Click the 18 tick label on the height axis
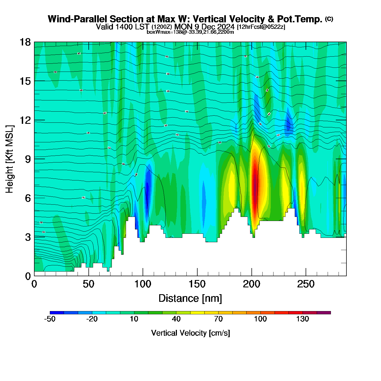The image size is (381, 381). [25, 42]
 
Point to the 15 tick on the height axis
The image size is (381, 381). [25, 81]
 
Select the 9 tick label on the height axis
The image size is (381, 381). [28, 159]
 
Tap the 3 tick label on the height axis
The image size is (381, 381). [28, 237]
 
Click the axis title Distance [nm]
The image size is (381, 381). [190, 299]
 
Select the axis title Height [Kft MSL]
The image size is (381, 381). [10, 159]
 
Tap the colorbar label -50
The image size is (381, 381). [50, 319]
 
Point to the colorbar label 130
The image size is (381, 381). [303, 319]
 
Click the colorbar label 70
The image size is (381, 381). [218, 319]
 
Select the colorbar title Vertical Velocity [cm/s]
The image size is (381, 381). [190, 333]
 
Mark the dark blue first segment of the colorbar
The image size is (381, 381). [57, 313]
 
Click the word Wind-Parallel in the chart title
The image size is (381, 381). [78, 19]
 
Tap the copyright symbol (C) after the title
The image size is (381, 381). [329, 19]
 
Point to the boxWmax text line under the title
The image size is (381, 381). [190, 32]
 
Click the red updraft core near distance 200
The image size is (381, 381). [255, 185]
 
